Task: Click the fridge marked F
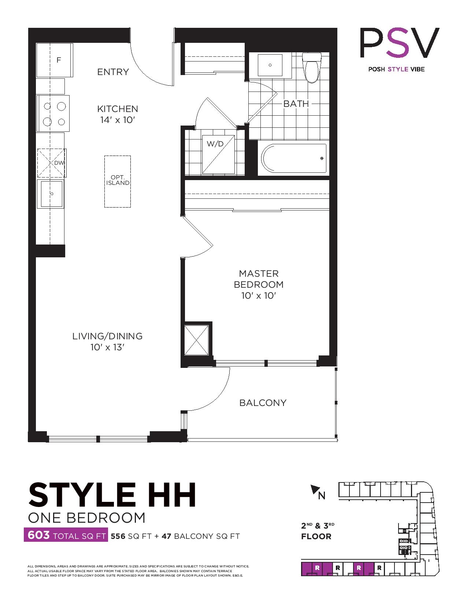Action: (55, 60)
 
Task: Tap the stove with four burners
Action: (53, 113)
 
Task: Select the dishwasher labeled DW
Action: (52, 163)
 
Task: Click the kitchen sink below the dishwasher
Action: (51, 194)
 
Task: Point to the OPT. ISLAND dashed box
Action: (118, 182)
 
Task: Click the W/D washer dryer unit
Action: (218, 154)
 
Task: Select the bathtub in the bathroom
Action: (294, 158)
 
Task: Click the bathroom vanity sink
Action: (270, 65)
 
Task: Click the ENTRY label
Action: (113, 72)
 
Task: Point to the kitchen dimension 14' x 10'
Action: (118, 120)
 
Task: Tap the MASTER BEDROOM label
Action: (259, 279)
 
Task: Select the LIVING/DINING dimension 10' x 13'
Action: (107, 347)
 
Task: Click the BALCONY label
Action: (263, 403)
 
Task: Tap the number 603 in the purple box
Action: (39, 535)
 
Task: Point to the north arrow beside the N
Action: (315, 489)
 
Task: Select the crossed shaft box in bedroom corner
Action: (196, 340)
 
